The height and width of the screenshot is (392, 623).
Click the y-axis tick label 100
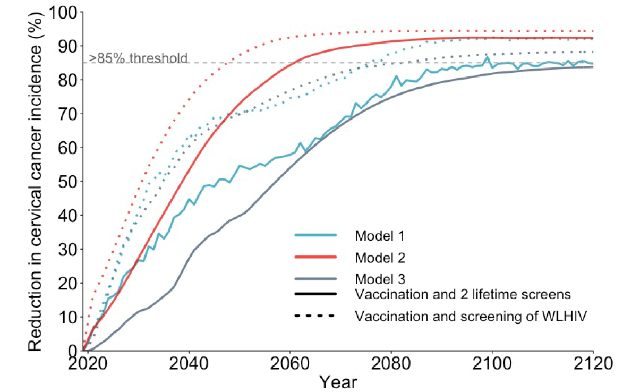(63, 12)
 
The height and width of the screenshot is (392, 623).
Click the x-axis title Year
(338, 382)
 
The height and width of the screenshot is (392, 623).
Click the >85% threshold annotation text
(139, 58)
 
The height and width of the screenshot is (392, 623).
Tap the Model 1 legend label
(380, 235)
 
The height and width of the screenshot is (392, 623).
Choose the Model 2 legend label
(380, 258)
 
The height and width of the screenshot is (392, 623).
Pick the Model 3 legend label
(380, 278)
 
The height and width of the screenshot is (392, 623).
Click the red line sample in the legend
(315, 257)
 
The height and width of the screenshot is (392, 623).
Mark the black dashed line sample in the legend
(315, 316)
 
